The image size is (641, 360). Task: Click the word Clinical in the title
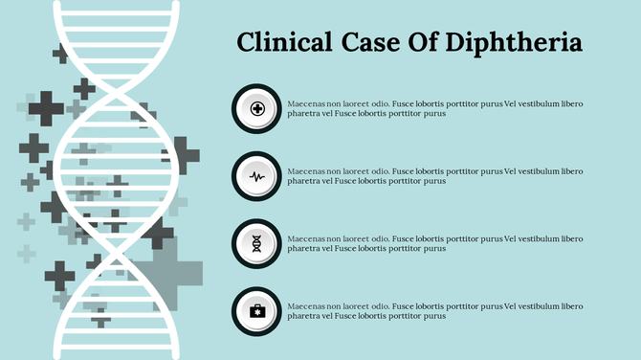(x=281, y=42)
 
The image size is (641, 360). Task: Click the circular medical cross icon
(x=257, y=109)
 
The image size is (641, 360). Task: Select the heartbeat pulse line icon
(x=257, y=176)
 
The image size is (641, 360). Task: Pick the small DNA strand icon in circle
(x=257, y=243)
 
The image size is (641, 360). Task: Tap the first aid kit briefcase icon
(x=257, y=310)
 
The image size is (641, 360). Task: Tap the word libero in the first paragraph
(x=570, y=103)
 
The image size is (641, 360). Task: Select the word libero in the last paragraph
(x=570, y=305)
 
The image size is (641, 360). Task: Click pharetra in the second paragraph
(x=303, y=181)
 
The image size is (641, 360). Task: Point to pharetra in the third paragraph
(x=303, y=248)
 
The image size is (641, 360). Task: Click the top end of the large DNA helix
(x=115, y=8)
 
